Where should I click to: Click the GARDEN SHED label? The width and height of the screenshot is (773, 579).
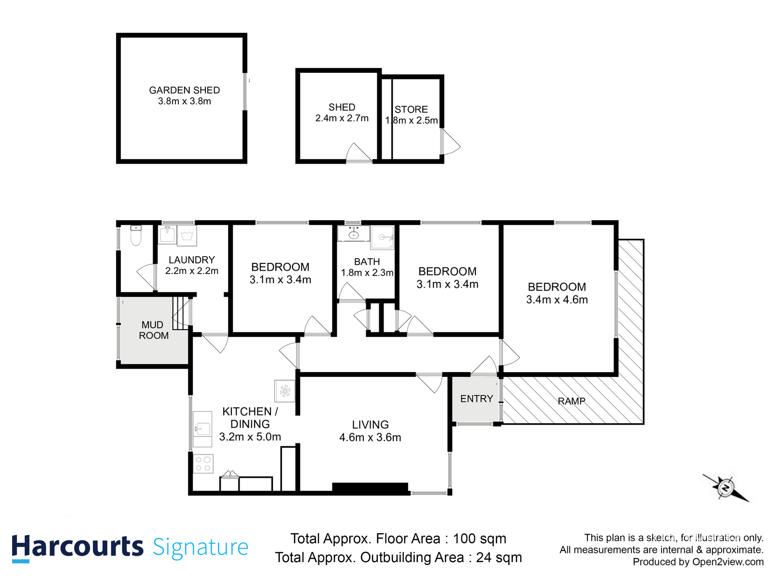[x=184, y=90]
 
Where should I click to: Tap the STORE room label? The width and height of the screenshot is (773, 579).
[x=411, y=110]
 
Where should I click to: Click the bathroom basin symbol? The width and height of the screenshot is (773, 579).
[x=354, y=234]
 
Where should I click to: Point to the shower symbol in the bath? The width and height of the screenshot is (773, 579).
[x=383, y=237]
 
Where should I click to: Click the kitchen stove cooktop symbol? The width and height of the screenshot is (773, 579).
[x=203, y=464]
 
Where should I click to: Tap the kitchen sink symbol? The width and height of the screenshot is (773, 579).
[x=202, y=428]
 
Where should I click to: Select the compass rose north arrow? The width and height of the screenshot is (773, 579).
[x=726, y=488]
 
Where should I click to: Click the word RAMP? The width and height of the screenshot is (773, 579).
[x=572, y=401]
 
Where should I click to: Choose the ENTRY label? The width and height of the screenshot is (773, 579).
[x=476, y=399]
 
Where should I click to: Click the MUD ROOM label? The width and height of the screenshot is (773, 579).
[x=154, y=331]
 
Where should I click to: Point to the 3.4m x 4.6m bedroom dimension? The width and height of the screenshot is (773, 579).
[x=557, y=300]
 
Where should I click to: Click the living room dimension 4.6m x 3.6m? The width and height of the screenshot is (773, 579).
[x=370, y=438]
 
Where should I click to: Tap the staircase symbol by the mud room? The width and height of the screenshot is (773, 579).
[x=181, y=313]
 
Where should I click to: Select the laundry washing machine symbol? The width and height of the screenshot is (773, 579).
[x=187, y=235]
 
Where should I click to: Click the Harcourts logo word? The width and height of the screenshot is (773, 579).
[x=77, y=548]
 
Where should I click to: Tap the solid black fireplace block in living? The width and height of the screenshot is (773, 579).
[x=370, y=488]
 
